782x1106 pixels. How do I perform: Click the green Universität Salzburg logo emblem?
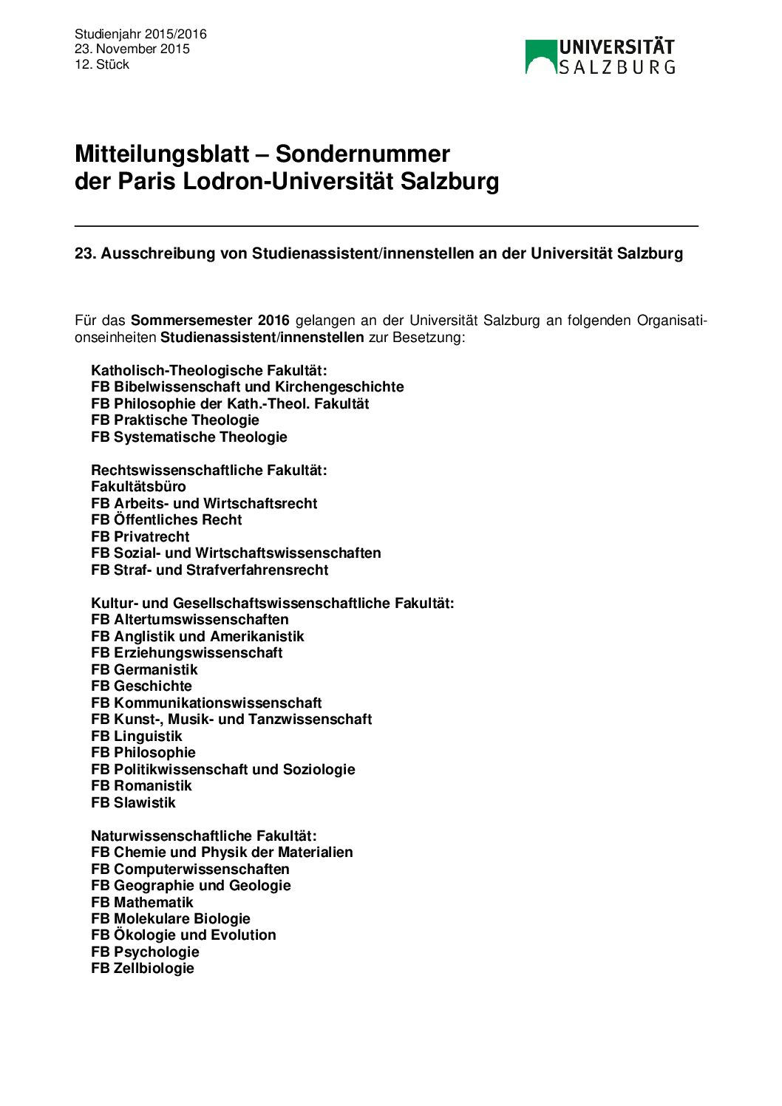click(x=540, y=57)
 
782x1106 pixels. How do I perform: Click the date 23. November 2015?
click(x=132, y=49)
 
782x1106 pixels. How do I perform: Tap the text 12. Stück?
click(x=102, y=64)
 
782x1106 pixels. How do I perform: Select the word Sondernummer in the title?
click(x=362, y=154)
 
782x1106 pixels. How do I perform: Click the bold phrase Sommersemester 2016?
click(x=210, y=321)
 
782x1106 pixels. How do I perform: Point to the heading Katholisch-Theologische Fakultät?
click(x=208, y=370)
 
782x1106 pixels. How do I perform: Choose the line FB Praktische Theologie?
click(x=175, y=420)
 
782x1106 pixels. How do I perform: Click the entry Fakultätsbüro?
click(x=138, y=486)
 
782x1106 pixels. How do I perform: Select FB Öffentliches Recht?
click(x=166, y=519)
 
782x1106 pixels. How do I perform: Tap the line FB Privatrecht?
click(x=140, y=536)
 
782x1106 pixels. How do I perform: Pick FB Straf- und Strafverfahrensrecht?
click(x=209, y=570)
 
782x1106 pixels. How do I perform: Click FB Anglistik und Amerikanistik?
click(x=197, y=636)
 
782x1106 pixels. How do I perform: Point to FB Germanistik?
click(x=144, y=669)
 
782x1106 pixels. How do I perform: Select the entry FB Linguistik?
click(x=136, y=736)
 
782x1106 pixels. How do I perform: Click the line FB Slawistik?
click(x=133, y=802)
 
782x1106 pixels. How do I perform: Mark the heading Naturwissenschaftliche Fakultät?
click(x=203, y=836)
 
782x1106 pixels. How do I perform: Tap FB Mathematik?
click(x=142, y=902)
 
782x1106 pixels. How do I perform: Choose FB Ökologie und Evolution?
click(x=183, y=935)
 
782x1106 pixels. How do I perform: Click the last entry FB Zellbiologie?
click(x=143, y=968)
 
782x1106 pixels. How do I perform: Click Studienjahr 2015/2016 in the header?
click(x=140, y=34)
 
